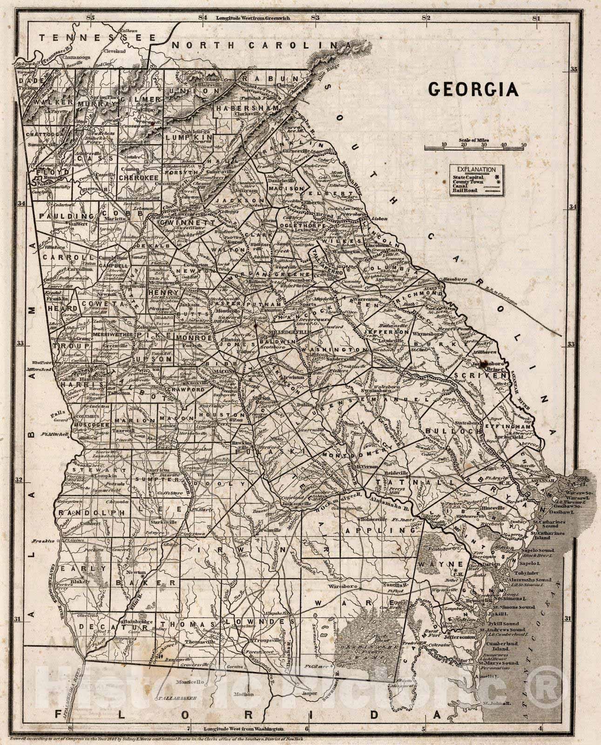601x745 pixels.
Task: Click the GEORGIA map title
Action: pos(473,89)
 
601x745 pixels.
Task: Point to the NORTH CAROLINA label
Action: pos(261,45)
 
